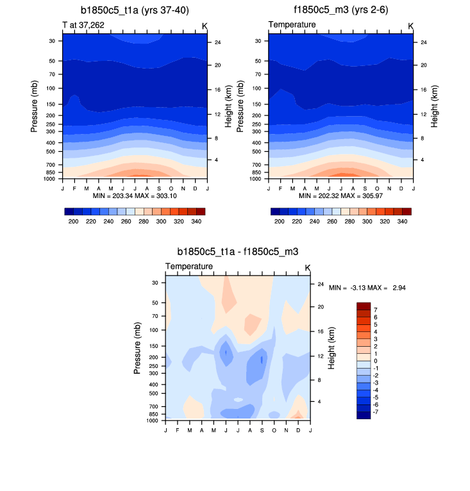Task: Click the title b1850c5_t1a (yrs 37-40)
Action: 135,10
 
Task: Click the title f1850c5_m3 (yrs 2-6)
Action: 340,10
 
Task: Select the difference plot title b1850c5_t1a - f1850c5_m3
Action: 238,252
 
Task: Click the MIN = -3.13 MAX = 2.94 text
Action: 367,288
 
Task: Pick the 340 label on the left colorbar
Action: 196,221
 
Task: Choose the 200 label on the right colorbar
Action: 279,221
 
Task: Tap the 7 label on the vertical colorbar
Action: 376,310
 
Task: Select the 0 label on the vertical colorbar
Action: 376,361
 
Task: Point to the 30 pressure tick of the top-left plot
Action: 51,40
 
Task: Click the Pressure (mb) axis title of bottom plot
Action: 138,349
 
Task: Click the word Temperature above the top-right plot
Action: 292,24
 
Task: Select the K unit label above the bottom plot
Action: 307,267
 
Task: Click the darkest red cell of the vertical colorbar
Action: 364,306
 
